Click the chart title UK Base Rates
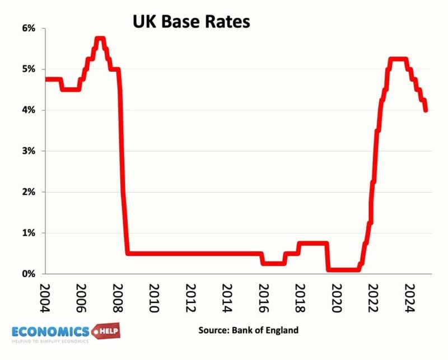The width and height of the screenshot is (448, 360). [x=191, y=22]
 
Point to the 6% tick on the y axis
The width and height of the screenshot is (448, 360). [x=28, y=28]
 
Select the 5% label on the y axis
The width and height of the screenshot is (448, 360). [x=28, y=69]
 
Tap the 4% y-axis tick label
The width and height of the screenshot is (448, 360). [x=28, y=110]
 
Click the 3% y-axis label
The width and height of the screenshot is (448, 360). [x=28, y=151]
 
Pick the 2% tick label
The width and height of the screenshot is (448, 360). [x=28, y=192]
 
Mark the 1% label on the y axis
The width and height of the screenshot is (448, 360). [x=28, y=233]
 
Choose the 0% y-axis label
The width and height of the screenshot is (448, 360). [x=28, y=274]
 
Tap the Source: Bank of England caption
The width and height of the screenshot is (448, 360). [x=248, y=330]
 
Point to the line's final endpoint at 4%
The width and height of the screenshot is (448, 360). [x=426, y=110]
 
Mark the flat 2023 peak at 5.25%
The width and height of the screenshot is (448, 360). [x=398, y=59]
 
